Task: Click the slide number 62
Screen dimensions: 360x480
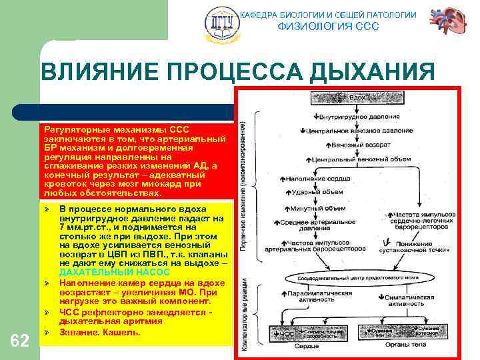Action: coord(20,341)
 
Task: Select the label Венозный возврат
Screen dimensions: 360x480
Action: coord(344,145)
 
